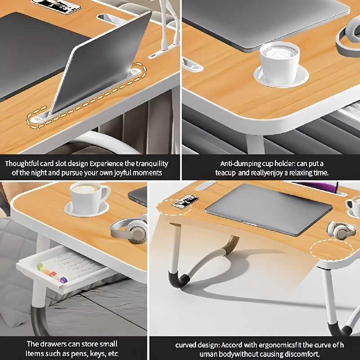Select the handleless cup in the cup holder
[x=279, y=63]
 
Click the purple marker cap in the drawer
[x=63, y=280]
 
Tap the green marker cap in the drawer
[x=40, y=266]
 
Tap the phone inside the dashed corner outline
[x=185, y=201]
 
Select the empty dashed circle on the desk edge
[x=331, y=251]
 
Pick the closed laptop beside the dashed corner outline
[x=269, y=208]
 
